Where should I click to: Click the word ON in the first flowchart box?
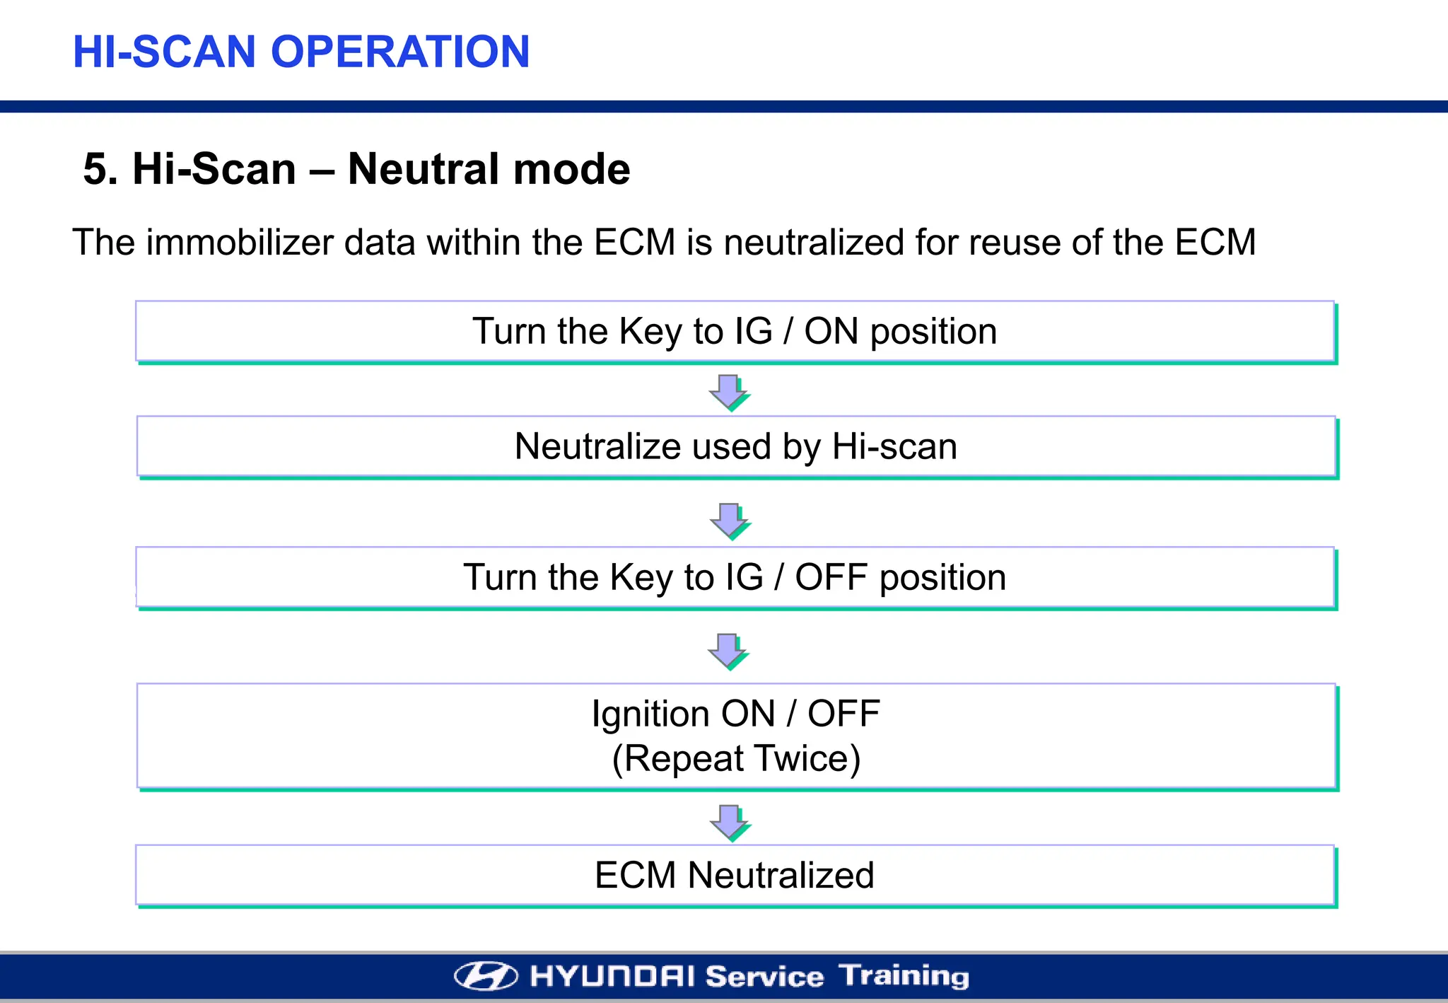click(x=831, y=331)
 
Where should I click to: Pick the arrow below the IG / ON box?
click(x=728, y=392)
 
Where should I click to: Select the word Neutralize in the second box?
click(x=598, y=446)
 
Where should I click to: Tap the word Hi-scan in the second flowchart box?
click(x=894, y=446)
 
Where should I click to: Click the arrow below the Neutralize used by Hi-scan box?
click(x=729, y=521)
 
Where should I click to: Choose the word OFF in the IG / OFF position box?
click(x=831, y=577)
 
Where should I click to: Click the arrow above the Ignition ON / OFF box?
click(x=728, y=651)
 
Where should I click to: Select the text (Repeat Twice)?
click(x=736, y=758)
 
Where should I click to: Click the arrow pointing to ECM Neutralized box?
click(x=729, y=822)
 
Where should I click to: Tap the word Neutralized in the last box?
click(x=781, y=875)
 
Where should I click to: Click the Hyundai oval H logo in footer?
click(x=486, y=976)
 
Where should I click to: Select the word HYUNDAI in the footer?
click(x=612, y=977)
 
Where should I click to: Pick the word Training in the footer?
click(x=904, y=976)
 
